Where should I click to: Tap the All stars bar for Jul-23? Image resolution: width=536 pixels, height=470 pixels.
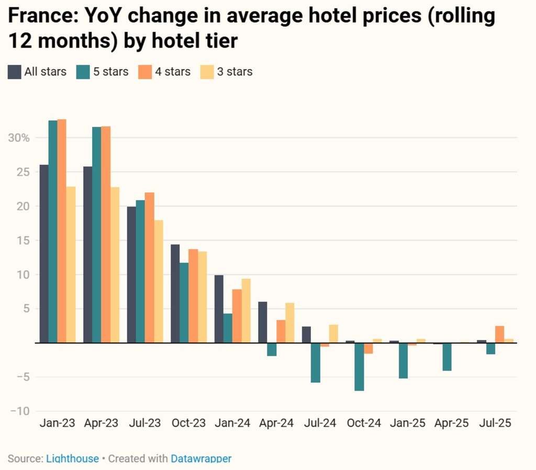tap(131, 275)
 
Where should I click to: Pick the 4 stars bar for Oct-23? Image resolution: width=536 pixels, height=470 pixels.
tap(193, 296)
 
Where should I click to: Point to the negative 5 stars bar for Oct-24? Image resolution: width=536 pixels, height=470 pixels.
tap(359, 366)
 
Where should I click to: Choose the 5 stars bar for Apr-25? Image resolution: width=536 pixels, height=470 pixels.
tap(446, 357)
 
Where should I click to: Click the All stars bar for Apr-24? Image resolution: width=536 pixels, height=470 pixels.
tap(263, 322)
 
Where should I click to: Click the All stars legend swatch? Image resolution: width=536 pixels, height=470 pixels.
tap(14, 72)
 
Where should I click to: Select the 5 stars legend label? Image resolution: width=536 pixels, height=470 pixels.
tap(110, 72)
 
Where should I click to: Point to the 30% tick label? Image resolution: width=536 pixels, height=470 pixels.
tap(19, 138)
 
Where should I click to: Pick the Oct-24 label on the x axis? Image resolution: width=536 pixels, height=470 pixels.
tap(364, 423)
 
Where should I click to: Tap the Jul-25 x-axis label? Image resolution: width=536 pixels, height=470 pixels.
tap(495, 423)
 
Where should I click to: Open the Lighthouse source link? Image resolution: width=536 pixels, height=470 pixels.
tap(72, 458)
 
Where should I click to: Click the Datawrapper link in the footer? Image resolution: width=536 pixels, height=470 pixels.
tap(201, 458)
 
